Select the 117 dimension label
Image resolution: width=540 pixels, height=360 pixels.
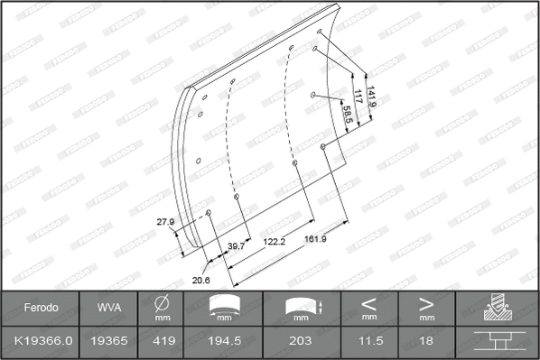(358, 97)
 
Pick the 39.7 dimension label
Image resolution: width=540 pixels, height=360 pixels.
(237, 245)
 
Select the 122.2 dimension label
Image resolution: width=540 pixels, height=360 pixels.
(275, 242)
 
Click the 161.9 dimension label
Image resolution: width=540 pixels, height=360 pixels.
(315, 239)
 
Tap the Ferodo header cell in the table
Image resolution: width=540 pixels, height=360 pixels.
(41, 308)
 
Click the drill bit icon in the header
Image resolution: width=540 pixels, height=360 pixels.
(497, 309)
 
